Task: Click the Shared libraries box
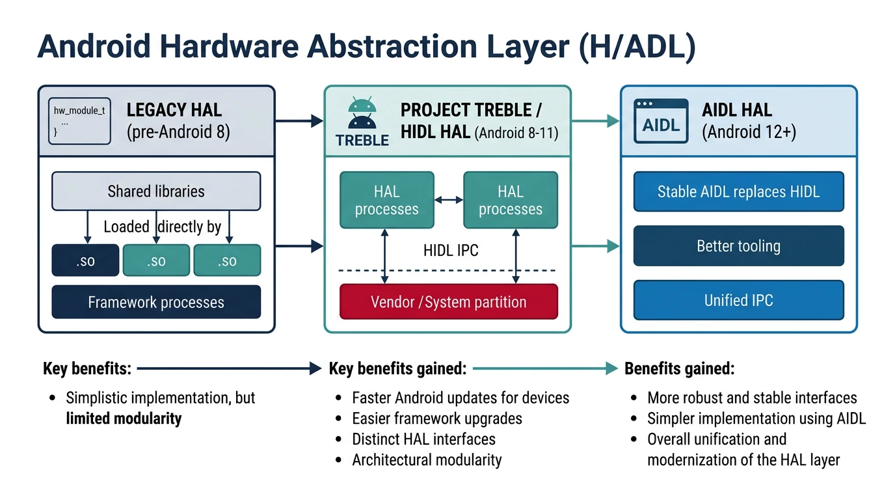click(x=156, y=191)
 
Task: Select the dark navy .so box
click(x=85, y=260)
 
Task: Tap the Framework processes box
click(x=156, y=302)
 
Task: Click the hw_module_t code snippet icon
click(x=79, y=120)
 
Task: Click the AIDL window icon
click(x=661, y=121)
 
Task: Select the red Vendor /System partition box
click(x=449, y=302)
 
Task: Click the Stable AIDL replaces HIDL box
click(x=738, y=191)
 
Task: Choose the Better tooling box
click(x=738, y=246)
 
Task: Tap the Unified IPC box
click(x=738, y=300)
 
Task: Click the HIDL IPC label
click(x=451, y=250)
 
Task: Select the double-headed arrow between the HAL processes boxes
click(x=449, y=200)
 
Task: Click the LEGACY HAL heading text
click(x=174, y=109)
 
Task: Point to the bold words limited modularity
click(x=124, y=418)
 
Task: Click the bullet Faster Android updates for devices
click(x=461, y=397)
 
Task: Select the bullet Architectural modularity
click(x=427, y=460)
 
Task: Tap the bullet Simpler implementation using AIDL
click(x=756, y=418)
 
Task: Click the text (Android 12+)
click(x=749, y=132)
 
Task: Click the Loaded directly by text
click(x=163, y=227)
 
